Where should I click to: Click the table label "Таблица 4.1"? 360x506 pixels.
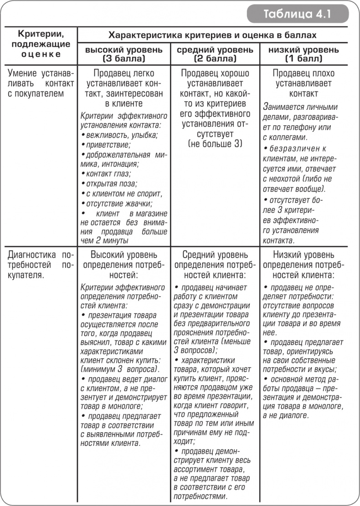(x=297, y=14)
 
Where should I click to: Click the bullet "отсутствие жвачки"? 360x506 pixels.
(x=118, y=204)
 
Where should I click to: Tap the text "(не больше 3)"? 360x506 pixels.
(x=215, y=144)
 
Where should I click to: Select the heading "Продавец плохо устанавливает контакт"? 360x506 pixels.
(x=303, y=83)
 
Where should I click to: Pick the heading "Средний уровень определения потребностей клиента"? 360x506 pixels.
(x=215, y=265)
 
